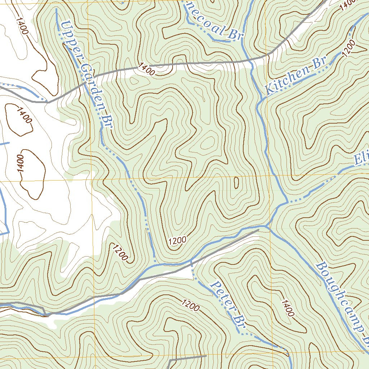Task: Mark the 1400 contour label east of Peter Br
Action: coord(288,308)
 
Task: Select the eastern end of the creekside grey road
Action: coord(259,229)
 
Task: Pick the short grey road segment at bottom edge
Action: coord(187,358)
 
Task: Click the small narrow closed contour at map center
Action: coord(236,183)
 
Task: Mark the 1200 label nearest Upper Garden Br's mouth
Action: coord(177,240)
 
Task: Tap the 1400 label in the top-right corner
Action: coord(347,4)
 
